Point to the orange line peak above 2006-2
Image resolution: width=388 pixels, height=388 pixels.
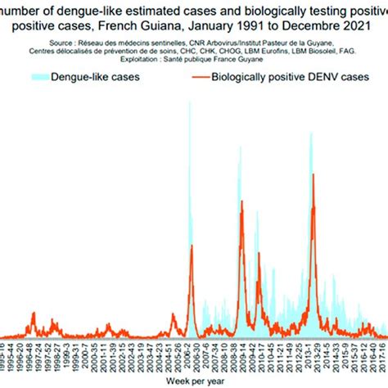[x=191, y=246]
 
